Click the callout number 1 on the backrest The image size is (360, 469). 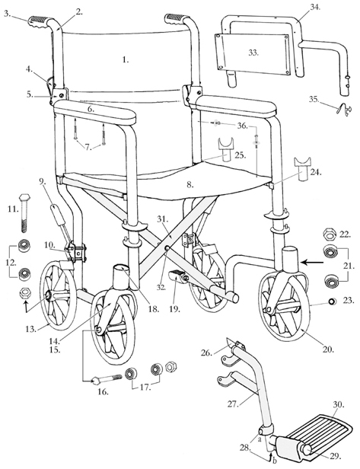tap(126, 58)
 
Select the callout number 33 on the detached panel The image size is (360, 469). tap(252, 53)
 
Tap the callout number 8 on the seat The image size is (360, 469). tap(190, 183)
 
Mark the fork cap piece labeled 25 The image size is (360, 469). tap(226, 149)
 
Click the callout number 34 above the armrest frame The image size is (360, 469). tap(293, 8)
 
